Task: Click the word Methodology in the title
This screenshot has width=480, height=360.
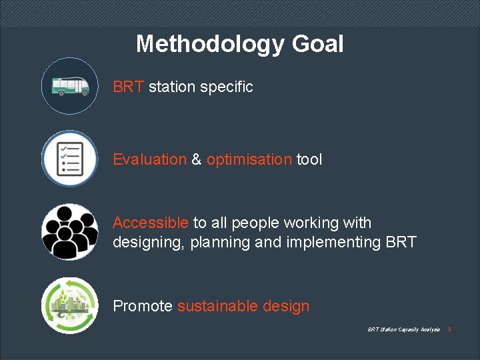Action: point(211,44)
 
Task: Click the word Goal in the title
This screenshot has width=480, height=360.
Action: point(317,44)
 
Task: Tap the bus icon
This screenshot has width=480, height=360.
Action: point(69,86)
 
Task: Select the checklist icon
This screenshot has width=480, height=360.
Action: point(69,159)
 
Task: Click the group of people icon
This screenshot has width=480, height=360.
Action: point(69,232)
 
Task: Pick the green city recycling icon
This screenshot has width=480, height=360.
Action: point(69,305)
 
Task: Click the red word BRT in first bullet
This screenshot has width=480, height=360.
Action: point(128,87)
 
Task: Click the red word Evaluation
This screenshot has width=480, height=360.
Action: point(149,159)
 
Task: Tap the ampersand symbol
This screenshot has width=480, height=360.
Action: point(197,159)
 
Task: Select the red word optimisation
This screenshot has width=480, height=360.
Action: point(249,159)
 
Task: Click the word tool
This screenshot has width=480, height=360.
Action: point(309,159)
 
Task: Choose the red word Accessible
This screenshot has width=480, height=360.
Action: point(151,223)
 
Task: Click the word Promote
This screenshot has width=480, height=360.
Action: point(143,306)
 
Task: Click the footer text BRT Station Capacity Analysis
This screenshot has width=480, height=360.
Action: point(403,330)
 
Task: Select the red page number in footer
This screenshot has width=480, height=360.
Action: point(449,330)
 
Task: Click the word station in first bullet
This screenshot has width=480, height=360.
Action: point(172,87)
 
